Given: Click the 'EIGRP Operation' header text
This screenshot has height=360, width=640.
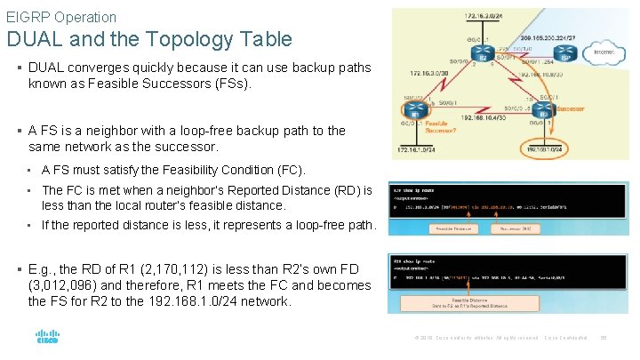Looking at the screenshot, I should [61, 17].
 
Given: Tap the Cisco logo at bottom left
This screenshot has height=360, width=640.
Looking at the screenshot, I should [46, 338].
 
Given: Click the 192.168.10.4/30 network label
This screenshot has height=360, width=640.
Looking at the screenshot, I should [480, 116].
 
